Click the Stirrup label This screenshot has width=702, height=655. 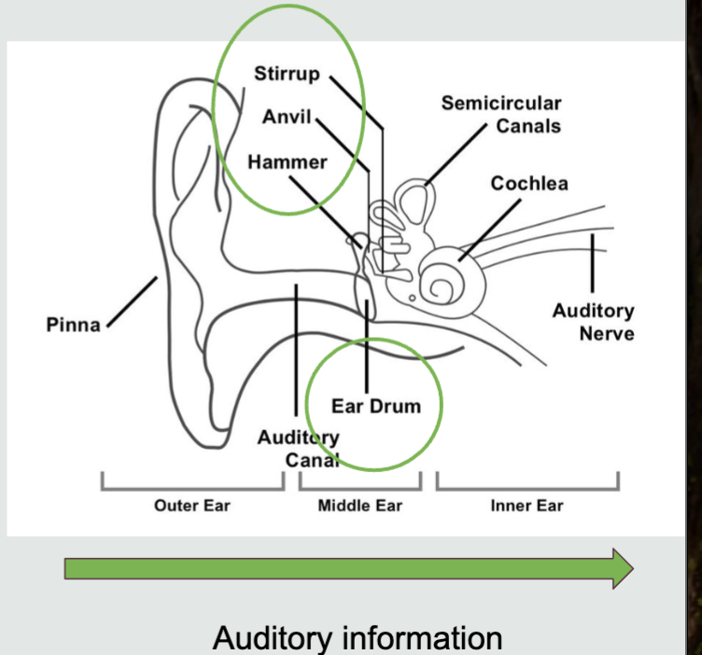tap(288, 74)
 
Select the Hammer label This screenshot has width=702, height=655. tap(288, 162)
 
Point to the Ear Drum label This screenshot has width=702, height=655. tap(376, 406)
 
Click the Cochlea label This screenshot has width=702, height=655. tap(529, 183)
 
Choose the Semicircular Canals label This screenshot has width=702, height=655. tap(501, 114)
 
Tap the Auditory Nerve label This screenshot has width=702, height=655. tap(593, 322)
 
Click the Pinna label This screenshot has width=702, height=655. tap(73, 326)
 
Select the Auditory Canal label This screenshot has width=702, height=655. tap(299, 447)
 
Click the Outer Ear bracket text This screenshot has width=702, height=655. tap(191, 507)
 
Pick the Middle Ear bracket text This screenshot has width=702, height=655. tap(360, 507)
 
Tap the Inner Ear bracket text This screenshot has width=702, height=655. tap(526, 507)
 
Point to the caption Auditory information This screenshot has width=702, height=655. tap(358, 638)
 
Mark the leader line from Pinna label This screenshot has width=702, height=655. tap(132, 302)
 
